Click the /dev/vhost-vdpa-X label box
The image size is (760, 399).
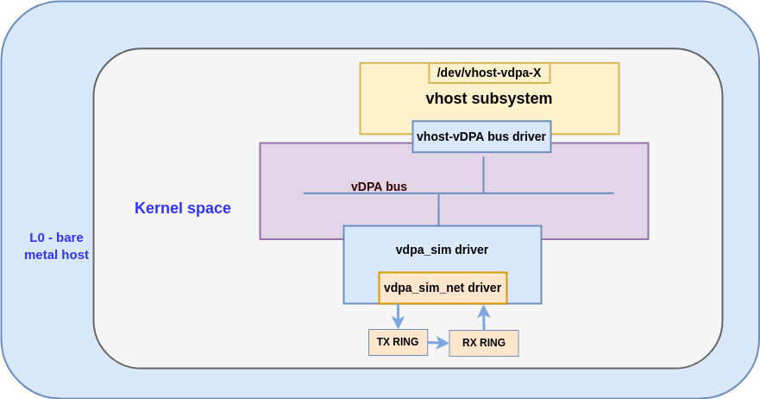point(489,73)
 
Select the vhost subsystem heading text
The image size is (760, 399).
point(488,98)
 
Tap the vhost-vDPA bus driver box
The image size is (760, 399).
point(481,136)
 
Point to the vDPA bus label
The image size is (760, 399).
point(379,187)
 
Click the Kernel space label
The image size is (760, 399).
point(183,208)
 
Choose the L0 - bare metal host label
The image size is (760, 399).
point(56,246)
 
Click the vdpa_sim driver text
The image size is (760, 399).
point(442,250)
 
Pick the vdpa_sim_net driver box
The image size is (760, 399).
point(443,288)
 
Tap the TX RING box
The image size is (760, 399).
point(398,342)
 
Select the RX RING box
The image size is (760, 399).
point(484,343)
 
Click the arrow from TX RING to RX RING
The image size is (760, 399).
point(438,343)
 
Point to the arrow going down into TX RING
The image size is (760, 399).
point(398,316)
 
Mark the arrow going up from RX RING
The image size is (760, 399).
point(484,317)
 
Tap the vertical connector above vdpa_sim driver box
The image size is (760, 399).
point(438,210)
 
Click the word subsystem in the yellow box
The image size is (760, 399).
point(512,98)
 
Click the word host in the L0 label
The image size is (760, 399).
point(74,255)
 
